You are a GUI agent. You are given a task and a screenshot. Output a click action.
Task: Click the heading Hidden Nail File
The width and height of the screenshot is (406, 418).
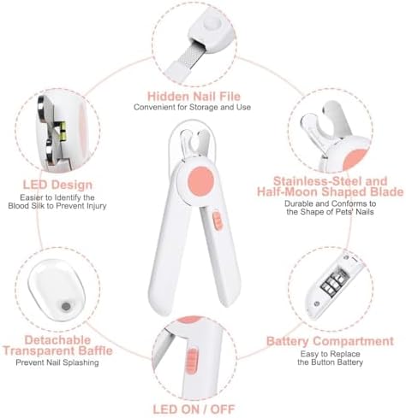[x=194, y=97]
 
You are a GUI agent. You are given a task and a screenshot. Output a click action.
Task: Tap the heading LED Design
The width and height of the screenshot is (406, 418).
[x=57, y=185]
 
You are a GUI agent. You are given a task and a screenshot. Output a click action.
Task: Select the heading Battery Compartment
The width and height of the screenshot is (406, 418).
[x=330, y=341]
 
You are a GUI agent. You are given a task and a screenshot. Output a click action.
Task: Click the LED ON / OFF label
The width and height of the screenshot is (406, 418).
[x=194, y=409]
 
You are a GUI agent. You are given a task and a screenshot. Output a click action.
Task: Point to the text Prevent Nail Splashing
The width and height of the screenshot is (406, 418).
[x=57, y=362]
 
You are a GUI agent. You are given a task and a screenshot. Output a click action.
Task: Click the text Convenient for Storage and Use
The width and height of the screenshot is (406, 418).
[x=192, y=107]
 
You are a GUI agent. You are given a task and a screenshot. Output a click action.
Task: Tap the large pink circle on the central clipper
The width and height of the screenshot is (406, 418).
[x=201, y=181]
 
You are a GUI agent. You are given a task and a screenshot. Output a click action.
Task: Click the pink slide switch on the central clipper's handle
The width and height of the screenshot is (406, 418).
[x=218, y=221]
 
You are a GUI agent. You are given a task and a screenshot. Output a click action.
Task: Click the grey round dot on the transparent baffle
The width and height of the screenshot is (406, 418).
[x=66, y=307]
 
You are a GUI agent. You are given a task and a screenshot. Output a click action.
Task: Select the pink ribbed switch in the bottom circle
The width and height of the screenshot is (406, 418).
[x=191, y=361]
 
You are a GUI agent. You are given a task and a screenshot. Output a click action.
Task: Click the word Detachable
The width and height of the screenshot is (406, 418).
[x=57, y=339]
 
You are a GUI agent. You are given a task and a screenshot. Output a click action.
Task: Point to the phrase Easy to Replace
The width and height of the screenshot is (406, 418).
[x=330, y=354]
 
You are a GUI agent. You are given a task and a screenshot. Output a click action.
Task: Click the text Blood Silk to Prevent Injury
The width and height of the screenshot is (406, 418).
[x=57, y=206]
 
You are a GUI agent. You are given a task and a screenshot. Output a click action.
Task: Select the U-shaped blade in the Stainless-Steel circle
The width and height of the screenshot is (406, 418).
[x=326, y=125]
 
